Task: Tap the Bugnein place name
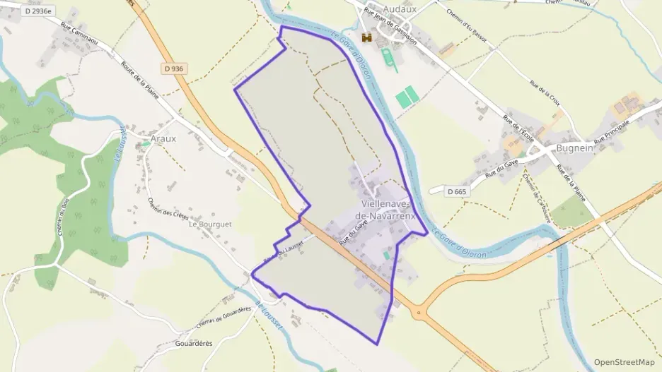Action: click(x=573, y=148)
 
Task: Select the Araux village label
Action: click(x=163, y=139)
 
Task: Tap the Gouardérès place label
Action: click(x=192, y=343)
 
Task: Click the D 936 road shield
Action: click(x=173, y=68)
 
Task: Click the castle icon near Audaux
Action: click(x=366, y=37)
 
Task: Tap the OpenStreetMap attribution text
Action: click(x=625, y=362)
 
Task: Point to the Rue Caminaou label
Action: click(x=88, y=37)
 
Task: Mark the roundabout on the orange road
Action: click(x=419, y=313)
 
